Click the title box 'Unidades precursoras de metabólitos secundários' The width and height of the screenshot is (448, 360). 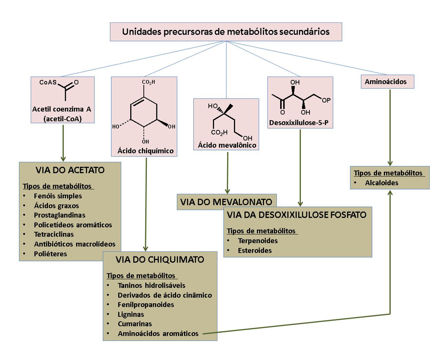coord(226,32)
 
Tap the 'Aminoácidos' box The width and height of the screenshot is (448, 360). coord(387,81)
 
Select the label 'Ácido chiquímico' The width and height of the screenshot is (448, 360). coord(145,151)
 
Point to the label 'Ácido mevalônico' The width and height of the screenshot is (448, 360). coord(227,145)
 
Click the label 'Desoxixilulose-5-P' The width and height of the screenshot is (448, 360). coord(299,122)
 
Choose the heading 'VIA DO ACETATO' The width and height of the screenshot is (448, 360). coord(70,170)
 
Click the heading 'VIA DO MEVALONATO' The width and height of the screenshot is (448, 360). coord(226,202)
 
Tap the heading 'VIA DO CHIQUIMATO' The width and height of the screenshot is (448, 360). coord(160,260)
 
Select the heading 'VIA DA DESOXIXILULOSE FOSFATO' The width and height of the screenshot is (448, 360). coord(296,215)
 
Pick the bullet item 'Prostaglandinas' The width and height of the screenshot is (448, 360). coord(60,215)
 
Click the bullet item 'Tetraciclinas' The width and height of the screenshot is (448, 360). coord(54,234)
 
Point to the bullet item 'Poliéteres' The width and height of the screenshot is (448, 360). coord(50,254)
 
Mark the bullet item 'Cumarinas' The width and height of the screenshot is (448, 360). coord(135,324)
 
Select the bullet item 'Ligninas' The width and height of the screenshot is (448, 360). coord(131,314)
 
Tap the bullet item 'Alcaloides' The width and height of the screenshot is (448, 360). coord(381,183)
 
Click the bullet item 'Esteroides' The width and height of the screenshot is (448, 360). coord(255,250)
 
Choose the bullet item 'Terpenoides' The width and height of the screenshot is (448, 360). coord(258,241)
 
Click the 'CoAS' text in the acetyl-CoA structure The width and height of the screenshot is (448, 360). coord(48,82)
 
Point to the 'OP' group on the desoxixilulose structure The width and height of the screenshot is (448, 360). coord(326,100)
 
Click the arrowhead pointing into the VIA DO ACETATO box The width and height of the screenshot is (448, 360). coord(63,159)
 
